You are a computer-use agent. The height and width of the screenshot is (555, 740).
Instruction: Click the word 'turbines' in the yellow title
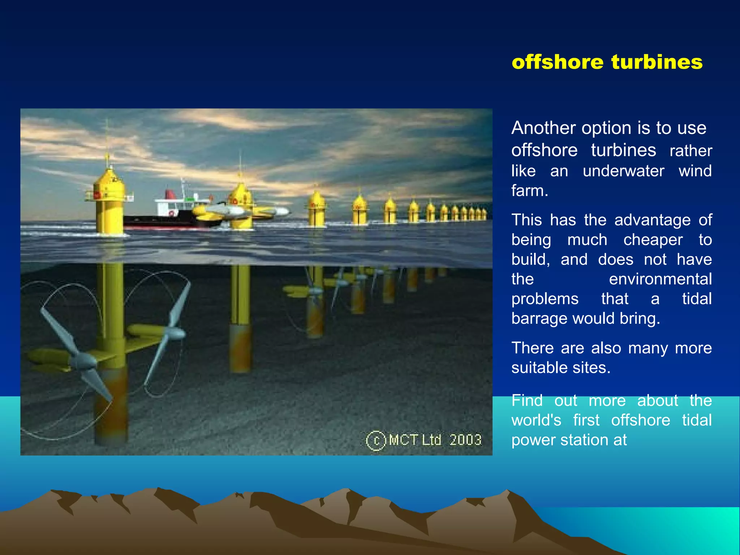coord(657,62)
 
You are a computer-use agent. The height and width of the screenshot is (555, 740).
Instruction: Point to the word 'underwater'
coord(623,171)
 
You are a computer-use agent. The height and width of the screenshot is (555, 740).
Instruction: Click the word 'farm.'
coord(529,190)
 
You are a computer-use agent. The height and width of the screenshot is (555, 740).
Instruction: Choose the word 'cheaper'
coord(653,240)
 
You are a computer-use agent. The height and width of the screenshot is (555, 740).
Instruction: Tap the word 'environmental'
coord(660,279)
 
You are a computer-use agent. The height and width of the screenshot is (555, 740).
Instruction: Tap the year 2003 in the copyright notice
coord(465,440)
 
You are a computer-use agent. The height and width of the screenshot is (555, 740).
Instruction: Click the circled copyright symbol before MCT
coord(376,441)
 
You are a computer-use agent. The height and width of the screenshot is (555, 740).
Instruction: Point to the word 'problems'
coord(545,299)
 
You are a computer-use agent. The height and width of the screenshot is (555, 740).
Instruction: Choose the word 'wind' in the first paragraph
coord(695,171)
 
